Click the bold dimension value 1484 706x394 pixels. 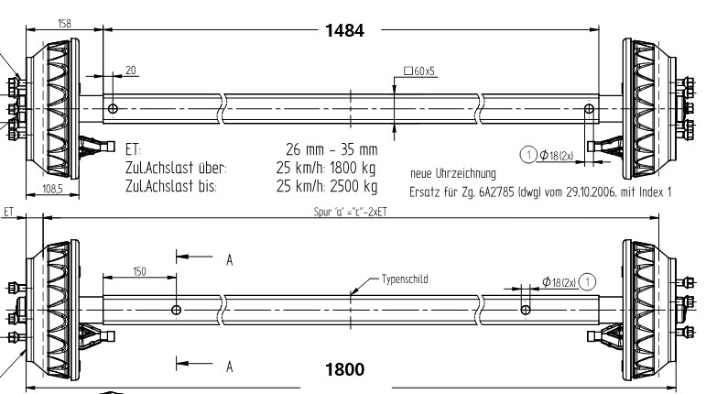point(344,30)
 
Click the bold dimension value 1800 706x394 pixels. point(345,370)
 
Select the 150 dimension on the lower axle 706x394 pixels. point(139,271)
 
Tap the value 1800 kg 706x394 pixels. point(353,168)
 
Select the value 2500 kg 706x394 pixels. point(353,186)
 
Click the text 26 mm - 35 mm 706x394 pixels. point(331,149)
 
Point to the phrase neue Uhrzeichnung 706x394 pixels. point(453,172)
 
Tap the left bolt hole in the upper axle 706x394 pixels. point(113,109)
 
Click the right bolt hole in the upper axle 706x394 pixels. point(588,108)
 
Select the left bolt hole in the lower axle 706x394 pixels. point(177,310)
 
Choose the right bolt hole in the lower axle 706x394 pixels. point(525,310)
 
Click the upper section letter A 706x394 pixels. point(229,260)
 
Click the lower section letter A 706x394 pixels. point(229,366)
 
